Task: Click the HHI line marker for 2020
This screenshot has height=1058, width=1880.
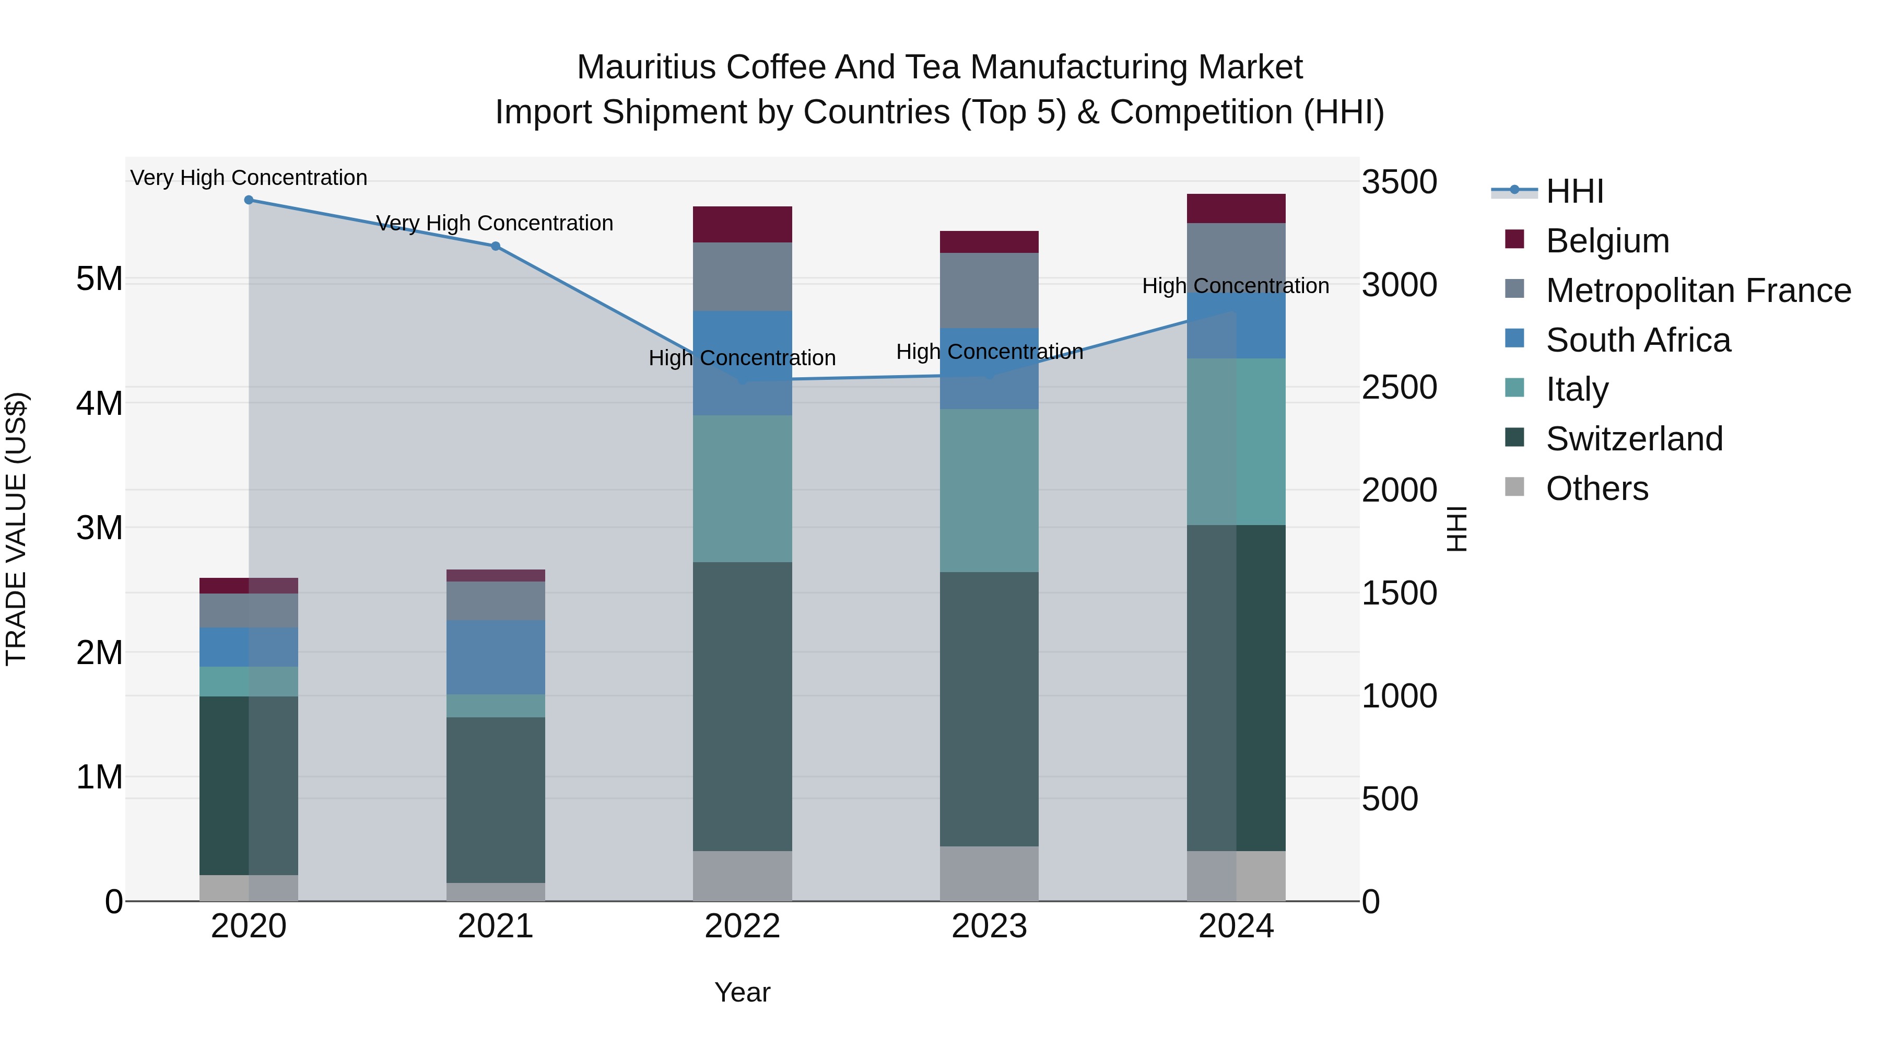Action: point(249,200)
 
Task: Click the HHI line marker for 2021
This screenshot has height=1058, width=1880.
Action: point(496,246)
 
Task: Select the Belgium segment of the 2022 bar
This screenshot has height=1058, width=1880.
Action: point(742,224)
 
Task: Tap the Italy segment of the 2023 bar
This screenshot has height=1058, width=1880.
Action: point(989,490)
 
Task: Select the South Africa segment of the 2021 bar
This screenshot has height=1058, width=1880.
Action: point(496,657)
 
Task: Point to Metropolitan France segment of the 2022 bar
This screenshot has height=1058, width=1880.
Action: point(742,277)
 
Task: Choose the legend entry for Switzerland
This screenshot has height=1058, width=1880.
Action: point(1634,439)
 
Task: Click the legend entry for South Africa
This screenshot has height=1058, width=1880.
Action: point(1638,340)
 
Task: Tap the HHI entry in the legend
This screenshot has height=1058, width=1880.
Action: point(1574,191)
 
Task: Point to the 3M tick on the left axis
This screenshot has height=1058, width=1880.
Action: point(99,528)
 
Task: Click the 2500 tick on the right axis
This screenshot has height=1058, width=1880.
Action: point(1399,388)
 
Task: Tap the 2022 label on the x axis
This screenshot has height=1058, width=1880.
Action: point(742,926)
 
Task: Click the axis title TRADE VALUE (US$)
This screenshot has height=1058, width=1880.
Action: point(17,529)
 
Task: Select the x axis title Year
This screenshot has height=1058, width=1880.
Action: point(742,992)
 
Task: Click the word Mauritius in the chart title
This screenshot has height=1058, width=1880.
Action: point(646,67)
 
